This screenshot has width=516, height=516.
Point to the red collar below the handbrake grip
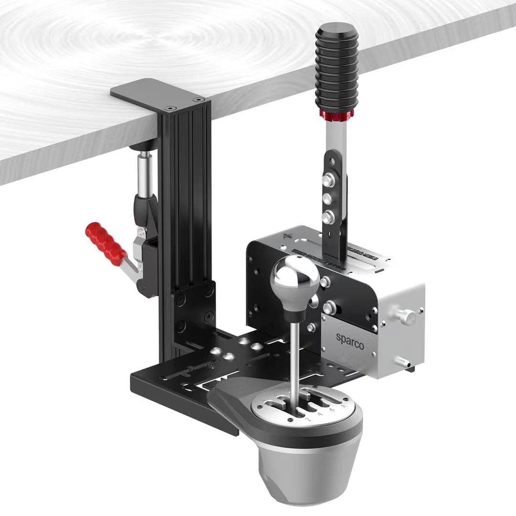point(337,115)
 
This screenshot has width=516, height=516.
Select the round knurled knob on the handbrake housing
point(407,316)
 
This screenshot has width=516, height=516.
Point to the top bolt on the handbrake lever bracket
point(327,181)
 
